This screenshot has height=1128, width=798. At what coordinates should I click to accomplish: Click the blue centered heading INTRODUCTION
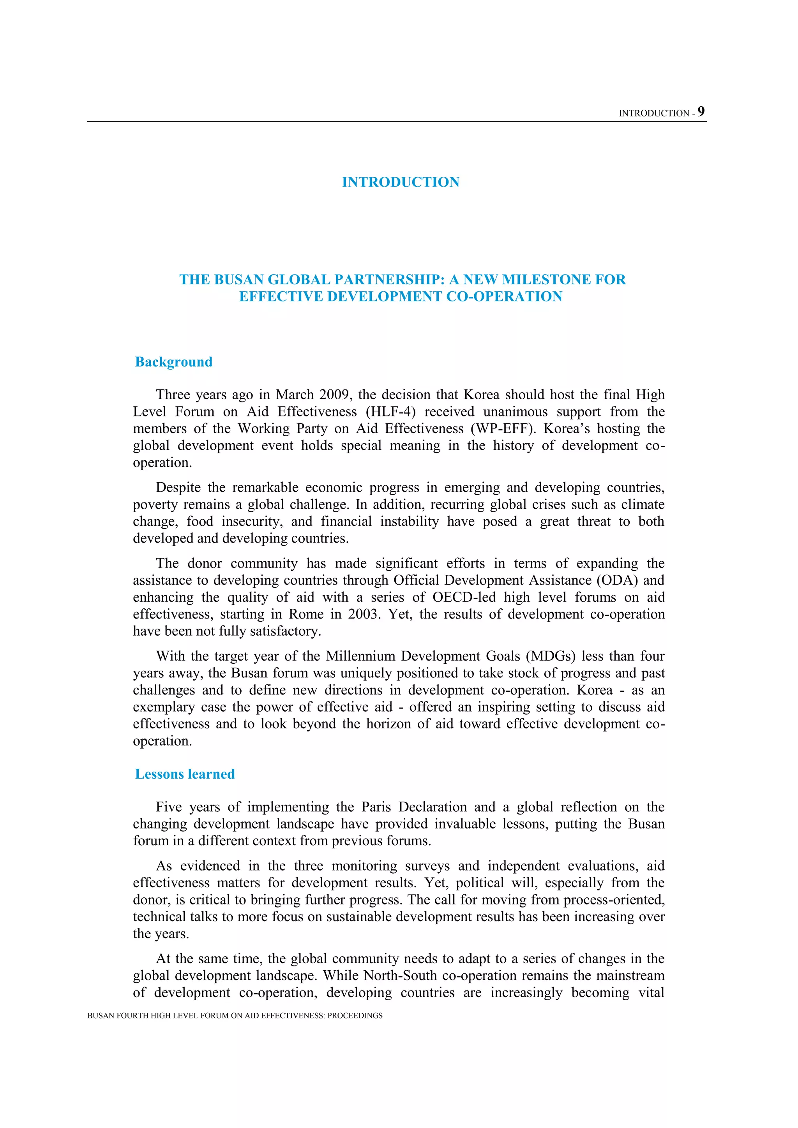point(401,182)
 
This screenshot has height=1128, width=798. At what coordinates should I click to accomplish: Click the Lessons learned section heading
point(185,774)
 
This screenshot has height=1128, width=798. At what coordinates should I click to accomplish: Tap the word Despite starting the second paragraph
point(177,487)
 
